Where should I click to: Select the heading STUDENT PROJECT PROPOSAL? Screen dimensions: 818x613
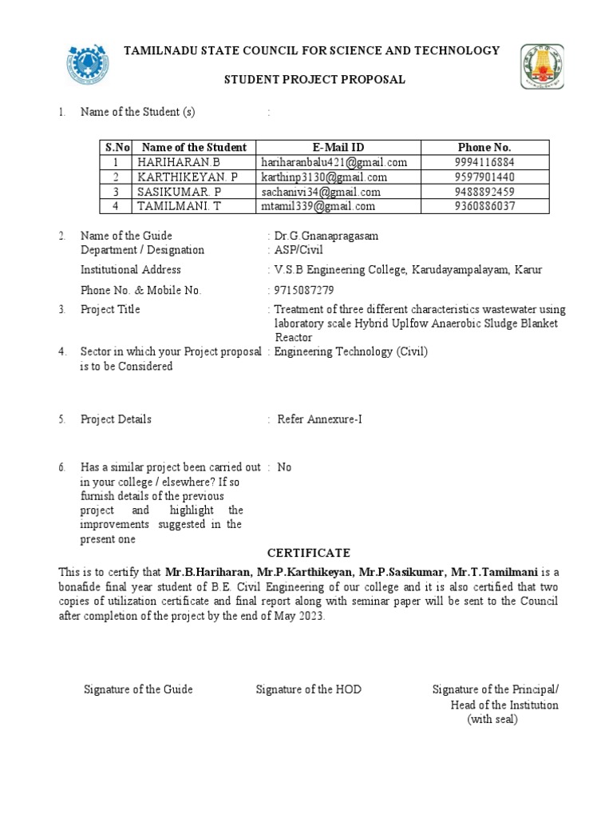click(314, 80)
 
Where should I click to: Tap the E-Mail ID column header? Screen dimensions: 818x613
click(338, 147)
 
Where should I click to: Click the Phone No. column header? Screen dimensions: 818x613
click(484, 147)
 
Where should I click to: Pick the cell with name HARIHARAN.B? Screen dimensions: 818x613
click(172, 162)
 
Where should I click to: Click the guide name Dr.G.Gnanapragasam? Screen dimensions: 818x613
click(326, 236)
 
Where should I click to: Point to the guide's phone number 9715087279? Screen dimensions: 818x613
click(304, 290)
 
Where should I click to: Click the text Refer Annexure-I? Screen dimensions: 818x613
click(319, 419)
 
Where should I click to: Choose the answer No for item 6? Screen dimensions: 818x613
click(284, 467)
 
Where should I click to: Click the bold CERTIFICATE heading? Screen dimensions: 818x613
click(308, 554)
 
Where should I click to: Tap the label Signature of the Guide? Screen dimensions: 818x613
click(138, 689)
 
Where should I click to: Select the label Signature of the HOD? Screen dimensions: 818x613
click(308, 689)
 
